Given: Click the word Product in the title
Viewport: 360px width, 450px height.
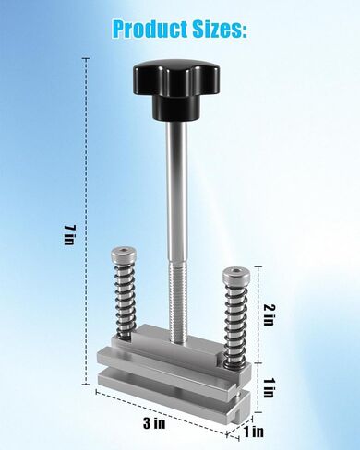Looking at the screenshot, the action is pyautogui.click(x=150, y=30).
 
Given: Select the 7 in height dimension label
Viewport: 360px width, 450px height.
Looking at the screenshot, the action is pyautogui.click(x=69, y=235).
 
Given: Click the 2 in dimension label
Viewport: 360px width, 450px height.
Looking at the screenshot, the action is pyautogui.click(x=269, y=314).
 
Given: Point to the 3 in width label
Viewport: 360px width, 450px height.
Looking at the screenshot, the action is pyautogui.click(x=154, y=423).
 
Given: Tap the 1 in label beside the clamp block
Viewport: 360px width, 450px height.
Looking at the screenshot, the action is pyautogui.click(x=269, y=387).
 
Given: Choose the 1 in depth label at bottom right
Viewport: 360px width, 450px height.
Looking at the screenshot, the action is pyautogui.click(x=254, y=432).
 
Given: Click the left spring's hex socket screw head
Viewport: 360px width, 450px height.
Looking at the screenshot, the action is pyautogui.click(x=122, y=253).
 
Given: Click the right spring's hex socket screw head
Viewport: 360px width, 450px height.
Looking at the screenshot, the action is pyautogui.click(x=234, y=274).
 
